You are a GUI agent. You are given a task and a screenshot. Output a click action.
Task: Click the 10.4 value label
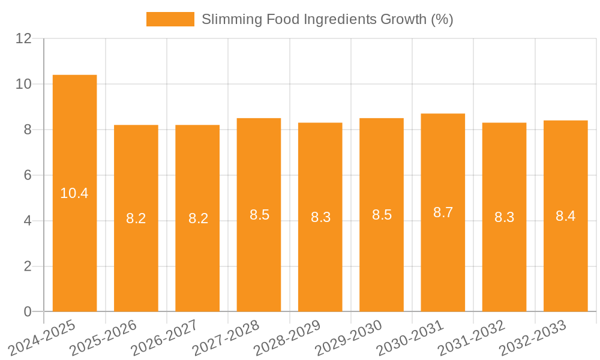point(74,193)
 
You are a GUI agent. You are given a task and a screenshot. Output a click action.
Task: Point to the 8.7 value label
point(443,212)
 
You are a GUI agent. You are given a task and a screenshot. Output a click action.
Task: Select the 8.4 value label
point(565,216)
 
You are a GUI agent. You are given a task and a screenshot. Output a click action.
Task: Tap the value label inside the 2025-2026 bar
point(136,218)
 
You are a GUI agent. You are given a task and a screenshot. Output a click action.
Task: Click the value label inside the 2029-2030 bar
point(382,215)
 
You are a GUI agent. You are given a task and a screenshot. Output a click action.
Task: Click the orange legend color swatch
point(170,19)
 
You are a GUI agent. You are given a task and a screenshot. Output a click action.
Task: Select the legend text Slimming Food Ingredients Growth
point(327,19)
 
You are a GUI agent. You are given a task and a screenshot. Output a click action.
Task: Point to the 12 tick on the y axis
point(24,38)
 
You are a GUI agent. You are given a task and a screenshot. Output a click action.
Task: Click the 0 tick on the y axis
point(28,311)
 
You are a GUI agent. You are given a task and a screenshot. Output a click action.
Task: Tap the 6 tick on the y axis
point(28,175)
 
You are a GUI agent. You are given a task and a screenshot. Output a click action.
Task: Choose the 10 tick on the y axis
point(24,84)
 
